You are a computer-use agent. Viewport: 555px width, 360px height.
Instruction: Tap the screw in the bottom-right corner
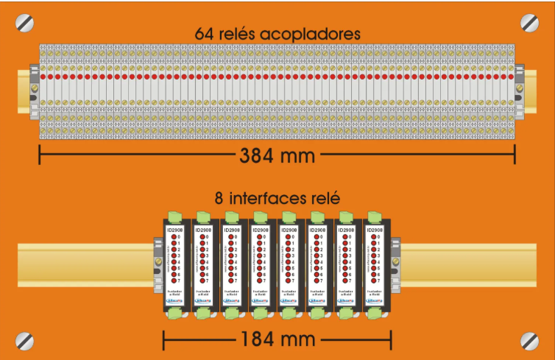coord(529,340)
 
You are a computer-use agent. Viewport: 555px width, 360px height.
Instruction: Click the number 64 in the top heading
coord(205,34)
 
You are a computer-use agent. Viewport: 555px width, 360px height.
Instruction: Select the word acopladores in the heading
coord(316,34)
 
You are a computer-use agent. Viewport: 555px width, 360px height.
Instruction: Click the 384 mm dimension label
coord(277,155)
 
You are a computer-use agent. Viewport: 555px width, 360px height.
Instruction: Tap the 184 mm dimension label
coord(277,339)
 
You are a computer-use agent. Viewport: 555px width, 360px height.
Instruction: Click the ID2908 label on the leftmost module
coord(176,230)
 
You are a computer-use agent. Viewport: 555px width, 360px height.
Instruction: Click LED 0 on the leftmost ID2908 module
coord(171,237)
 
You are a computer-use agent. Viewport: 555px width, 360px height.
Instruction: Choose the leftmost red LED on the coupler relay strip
coord(43,76)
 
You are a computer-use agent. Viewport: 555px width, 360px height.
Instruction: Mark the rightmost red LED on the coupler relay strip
coord(511,76)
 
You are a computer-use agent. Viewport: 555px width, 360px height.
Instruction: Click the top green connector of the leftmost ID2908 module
coord(176,215)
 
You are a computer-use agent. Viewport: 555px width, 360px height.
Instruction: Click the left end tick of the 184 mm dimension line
coord(163,339)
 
